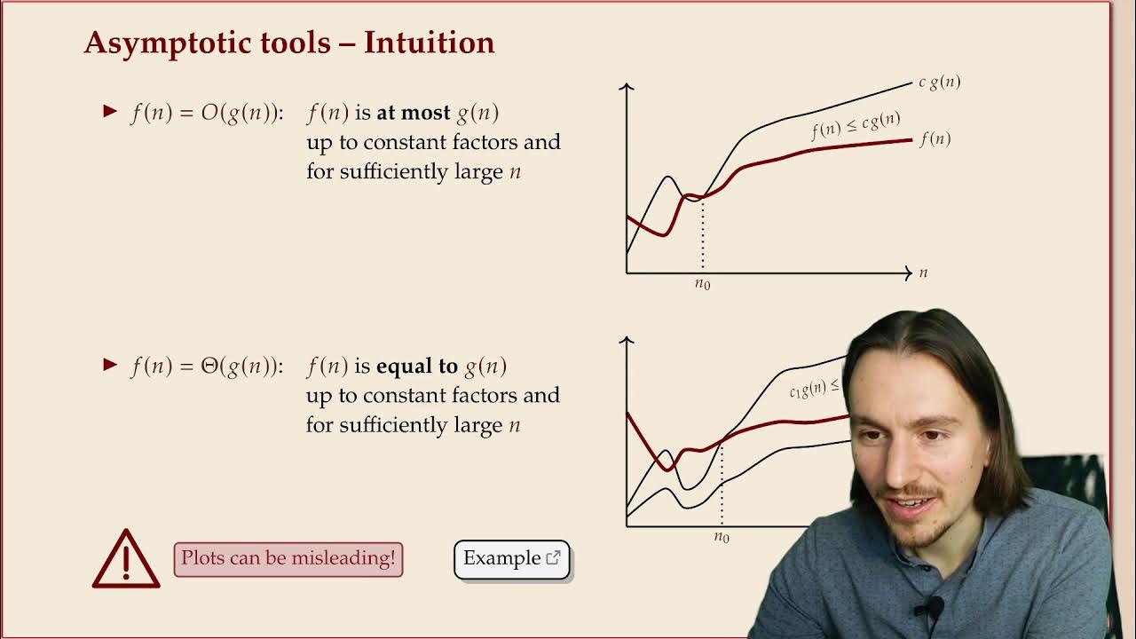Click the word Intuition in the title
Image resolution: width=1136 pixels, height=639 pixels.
tap(429, 43)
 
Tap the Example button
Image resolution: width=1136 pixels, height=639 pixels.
tap(511, 559)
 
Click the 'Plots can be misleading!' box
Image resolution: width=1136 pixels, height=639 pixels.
tap(288, 559)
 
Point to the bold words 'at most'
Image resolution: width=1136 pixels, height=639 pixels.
tap(414, 113)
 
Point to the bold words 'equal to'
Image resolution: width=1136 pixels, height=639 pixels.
tap(417, 366)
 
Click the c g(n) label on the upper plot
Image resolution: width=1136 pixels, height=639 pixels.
tap(939, 82)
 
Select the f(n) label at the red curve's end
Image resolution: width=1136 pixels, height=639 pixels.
tap(935, 138)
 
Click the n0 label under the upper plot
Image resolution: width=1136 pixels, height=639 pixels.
tap(702, 284)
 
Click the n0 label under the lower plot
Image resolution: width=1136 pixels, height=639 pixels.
tap(722, 537)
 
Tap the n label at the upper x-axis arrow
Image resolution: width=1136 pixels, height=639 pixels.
tap(923, 272)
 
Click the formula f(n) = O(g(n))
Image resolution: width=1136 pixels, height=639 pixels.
tap(205, 113)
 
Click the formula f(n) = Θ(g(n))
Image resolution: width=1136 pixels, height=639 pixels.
tap(205, 366)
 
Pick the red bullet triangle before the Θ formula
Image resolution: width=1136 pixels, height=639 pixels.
tap(110, 365)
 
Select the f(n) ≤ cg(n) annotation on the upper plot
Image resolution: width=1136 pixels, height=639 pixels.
tap(856, 126)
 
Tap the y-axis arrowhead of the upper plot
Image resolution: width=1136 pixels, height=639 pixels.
tap(627, 87)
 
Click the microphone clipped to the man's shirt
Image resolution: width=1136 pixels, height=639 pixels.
tap(928, 609)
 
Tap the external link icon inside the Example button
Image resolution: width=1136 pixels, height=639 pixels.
tap(554, 558)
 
